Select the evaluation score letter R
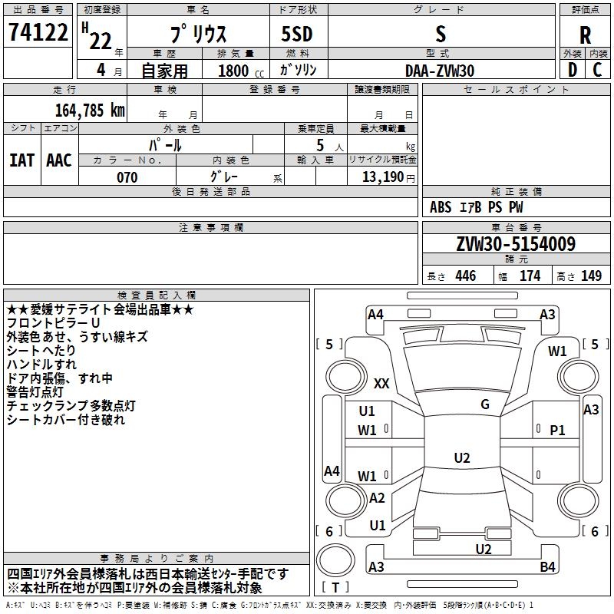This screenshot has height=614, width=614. (585, 35)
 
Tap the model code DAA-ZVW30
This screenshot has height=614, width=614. (439, 71)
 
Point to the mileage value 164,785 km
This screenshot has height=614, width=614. (90, 110)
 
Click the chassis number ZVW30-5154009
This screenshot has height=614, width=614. (516, 245)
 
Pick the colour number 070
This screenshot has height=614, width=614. (127, 177)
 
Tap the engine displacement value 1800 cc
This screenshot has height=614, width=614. (234, 71)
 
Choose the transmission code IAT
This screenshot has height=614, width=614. (22, 160)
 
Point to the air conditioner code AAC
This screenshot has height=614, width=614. (59, 160)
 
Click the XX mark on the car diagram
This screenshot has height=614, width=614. (381, 383)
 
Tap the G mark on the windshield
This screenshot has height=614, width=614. (485, 404)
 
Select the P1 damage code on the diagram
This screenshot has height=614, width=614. (557, 431)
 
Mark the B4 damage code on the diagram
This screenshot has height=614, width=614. (547, 567)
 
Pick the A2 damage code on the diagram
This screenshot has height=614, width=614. (377, 498)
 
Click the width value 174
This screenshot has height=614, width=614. (530, 276)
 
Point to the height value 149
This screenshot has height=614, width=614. (591, 276)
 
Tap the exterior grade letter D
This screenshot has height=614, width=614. (572, 70)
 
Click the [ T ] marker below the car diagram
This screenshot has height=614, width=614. (335, 588)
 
